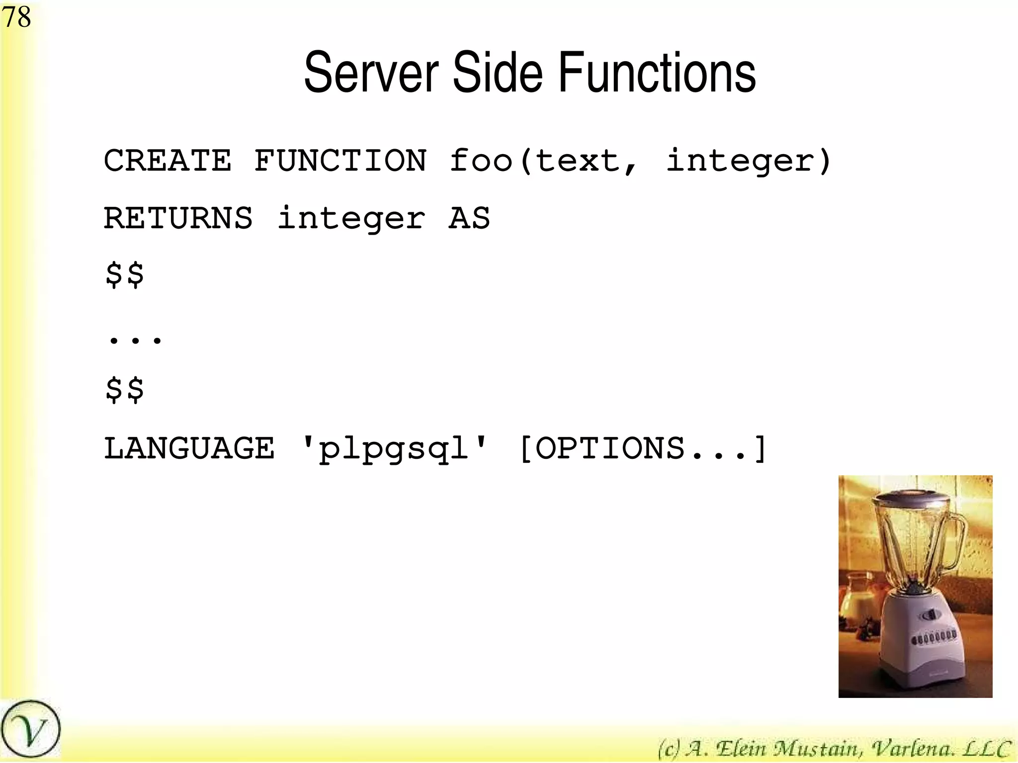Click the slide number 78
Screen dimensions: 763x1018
16,17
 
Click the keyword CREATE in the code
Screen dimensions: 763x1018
168,161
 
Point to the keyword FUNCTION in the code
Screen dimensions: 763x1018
340,161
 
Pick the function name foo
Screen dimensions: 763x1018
481,161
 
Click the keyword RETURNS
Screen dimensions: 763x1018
178,218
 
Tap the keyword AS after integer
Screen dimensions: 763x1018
469,218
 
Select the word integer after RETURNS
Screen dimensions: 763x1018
351,219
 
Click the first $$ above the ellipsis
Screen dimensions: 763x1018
124,275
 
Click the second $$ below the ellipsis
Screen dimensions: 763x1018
124,389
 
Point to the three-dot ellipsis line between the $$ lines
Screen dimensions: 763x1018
135,339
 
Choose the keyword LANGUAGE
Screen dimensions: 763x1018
189,448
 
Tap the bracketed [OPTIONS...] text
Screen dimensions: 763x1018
642,448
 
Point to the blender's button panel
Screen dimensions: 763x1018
933,637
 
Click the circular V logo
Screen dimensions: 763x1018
30,730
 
